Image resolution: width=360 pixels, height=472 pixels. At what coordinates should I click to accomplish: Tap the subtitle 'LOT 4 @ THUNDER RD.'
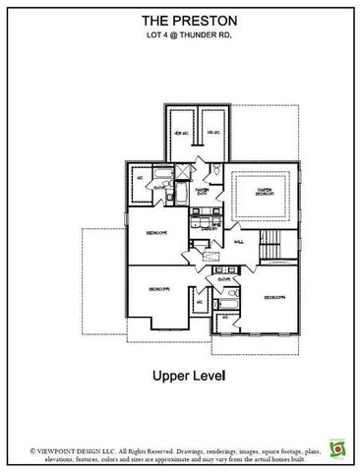pyautogui.click(x=180, y=37)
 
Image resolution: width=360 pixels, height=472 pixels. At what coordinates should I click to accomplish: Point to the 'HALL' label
pyautogui.click(x=240, y=240)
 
